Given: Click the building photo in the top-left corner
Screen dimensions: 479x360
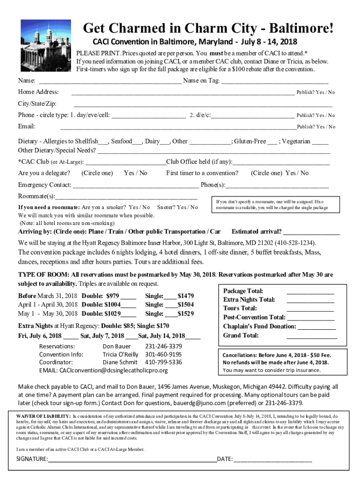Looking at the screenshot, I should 46,45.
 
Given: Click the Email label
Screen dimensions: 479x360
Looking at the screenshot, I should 27,126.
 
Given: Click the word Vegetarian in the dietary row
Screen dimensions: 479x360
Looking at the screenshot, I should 296,141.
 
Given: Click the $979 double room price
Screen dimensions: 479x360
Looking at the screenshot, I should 113,296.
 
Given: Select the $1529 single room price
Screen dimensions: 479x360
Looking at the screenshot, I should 186,313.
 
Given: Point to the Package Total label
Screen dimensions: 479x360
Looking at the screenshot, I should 243,291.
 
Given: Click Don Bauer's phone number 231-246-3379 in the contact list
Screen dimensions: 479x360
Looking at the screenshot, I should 164,346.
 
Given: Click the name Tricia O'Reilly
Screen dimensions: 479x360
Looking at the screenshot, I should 120,354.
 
